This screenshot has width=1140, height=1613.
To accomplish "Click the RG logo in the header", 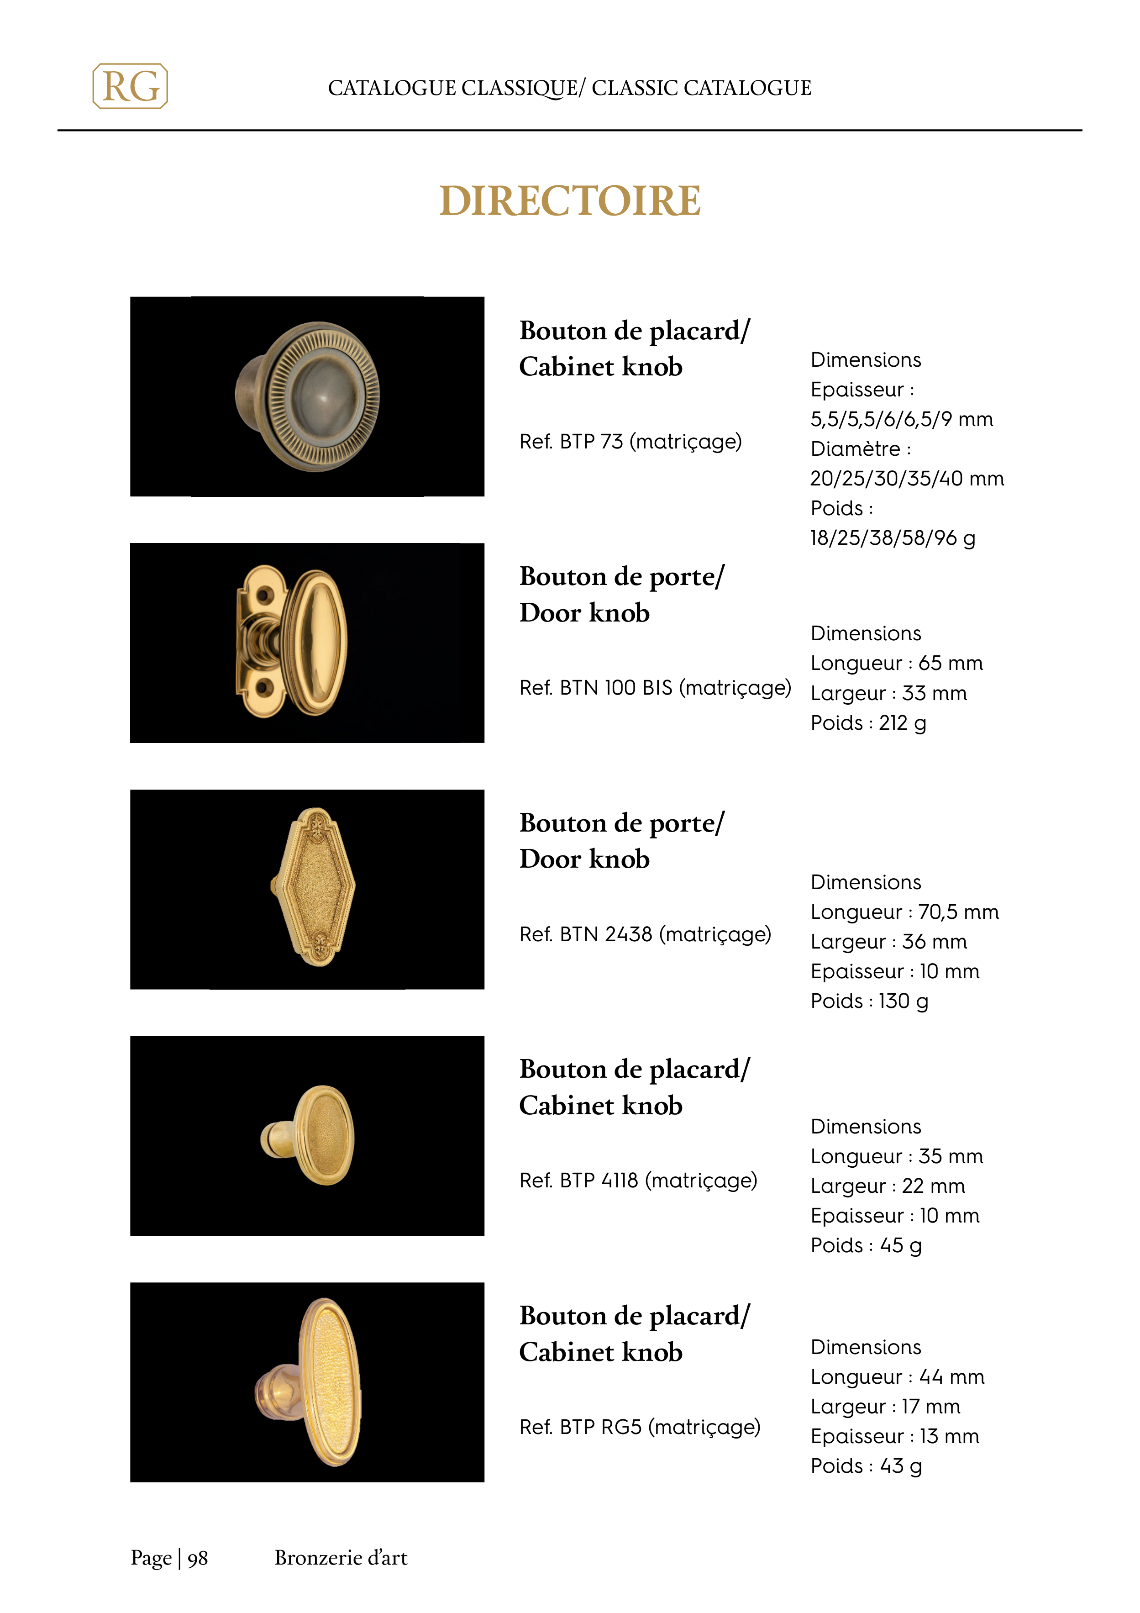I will click(x=130, y=86).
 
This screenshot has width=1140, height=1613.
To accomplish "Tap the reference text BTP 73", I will click(x=630, y=442).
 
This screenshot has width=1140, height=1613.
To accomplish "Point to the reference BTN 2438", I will click(x=645, y=934).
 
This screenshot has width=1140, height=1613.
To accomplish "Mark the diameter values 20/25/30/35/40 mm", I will click(x=907, y=479).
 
